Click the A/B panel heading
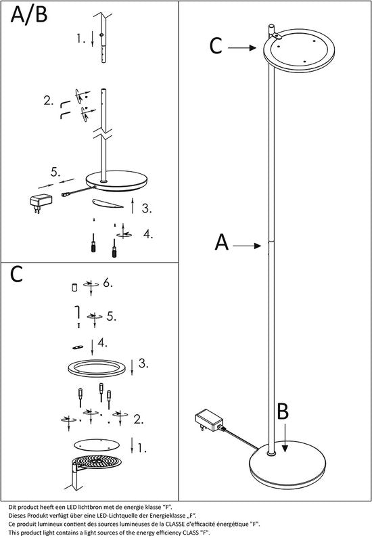point(29,15)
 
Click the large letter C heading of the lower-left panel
point(16,274)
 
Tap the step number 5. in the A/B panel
point(55,172)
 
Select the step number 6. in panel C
point(108,284)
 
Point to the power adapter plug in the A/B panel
point(41,202)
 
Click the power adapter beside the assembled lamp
point(209,420)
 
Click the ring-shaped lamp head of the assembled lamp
point(299,51)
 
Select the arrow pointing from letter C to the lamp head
point(242,47)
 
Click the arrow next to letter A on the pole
point(247,246)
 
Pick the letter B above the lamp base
point(283,411)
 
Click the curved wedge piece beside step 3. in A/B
point(108,204)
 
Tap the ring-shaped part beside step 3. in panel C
point(96,368)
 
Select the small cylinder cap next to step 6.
point(74,287)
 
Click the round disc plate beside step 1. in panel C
point(97,445)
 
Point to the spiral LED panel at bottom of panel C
point(98,463)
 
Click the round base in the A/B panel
point(116,181)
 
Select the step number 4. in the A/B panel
point(147,234)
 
